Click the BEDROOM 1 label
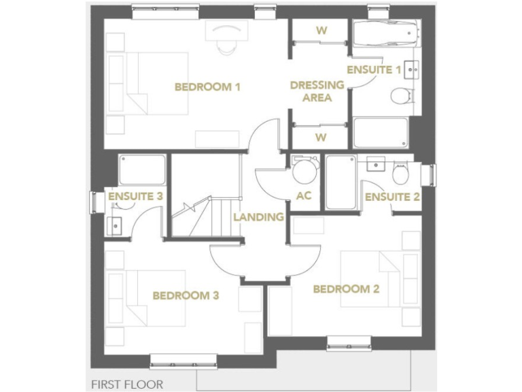(207, 87)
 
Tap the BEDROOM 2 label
(345, 289)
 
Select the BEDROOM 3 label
(185, 295)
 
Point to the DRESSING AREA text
(317, 91)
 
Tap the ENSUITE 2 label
(391, 197)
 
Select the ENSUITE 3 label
(135, 196)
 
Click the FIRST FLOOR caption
(127, 385)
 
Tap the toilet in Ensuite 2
(401, 174)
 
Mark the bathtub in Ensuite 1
(385, 32)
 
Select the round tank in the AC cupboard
(303, 171)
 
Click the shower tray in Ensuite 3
(142, 170)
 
